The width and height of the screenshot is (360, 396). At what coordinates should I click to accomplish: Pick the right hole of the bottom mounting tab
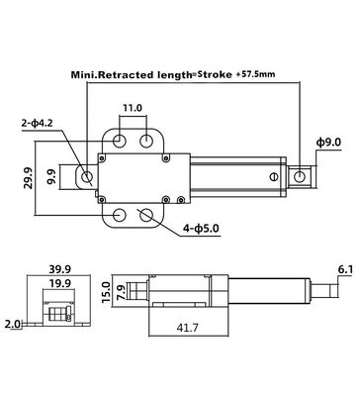click(x=148, y=215)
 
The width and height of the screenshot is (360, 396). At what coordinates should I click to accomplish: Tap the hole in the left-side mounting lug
click(x=88, y=177)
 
